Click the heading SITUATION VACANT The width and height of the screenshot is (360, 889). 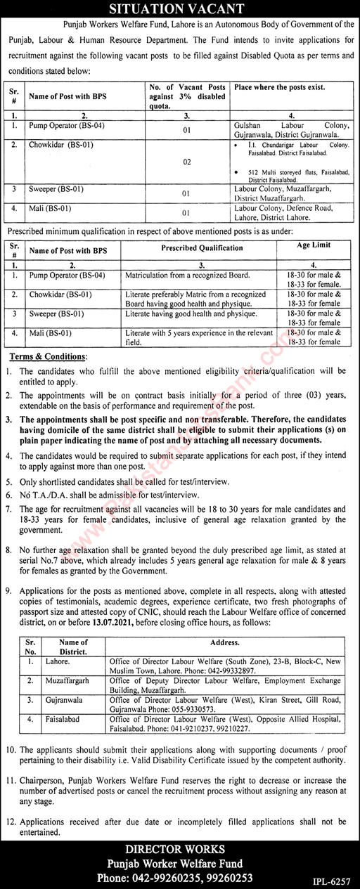click(x=180, y=8)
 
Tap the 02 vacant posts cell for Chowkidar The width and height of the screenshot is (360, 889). click(x=187, y=162)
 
